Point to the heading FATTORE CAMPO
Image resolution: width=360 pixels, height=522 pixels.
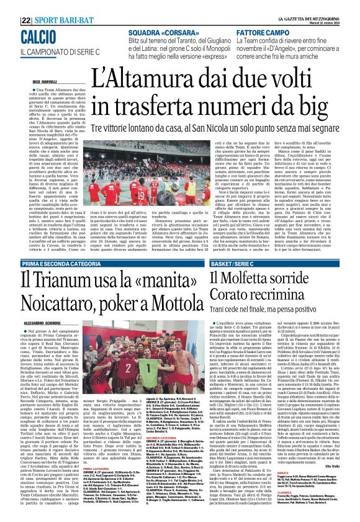click(278, 32)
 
